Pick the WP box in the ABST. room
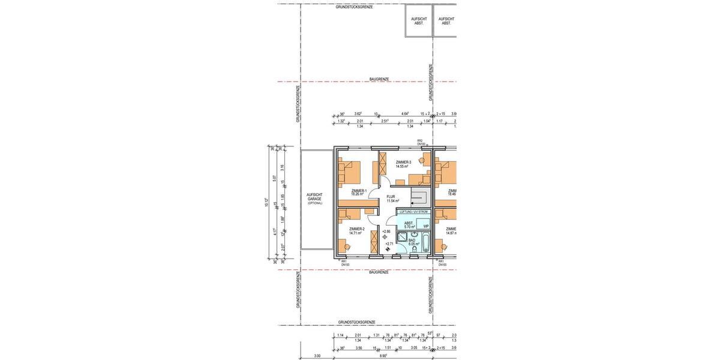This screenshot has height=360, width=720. point(425,226)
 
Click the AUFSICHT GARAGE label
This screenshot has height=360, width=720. point(314,197)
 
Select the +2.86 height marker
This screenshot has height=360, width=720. point(386,232)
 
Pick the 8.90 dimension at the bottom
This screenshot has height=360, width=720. point(382,356)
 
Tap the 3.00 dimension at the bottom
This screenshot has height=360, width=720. point(317,356)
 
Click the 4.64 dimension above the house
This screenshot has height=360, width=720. point(405,113)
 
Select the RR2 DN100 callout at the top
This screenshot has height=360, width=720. point(421,143)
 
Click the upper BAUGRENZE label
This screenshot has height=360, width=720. point(379,79)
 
